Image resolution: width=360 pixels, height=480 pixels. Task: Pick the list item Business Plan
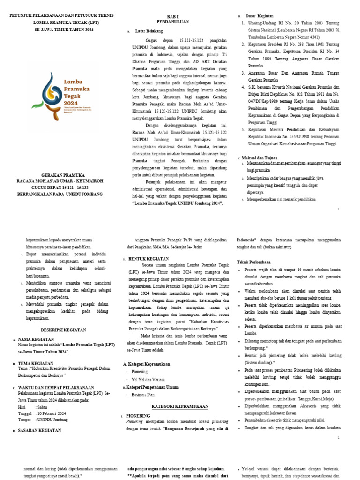[144, 394]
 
